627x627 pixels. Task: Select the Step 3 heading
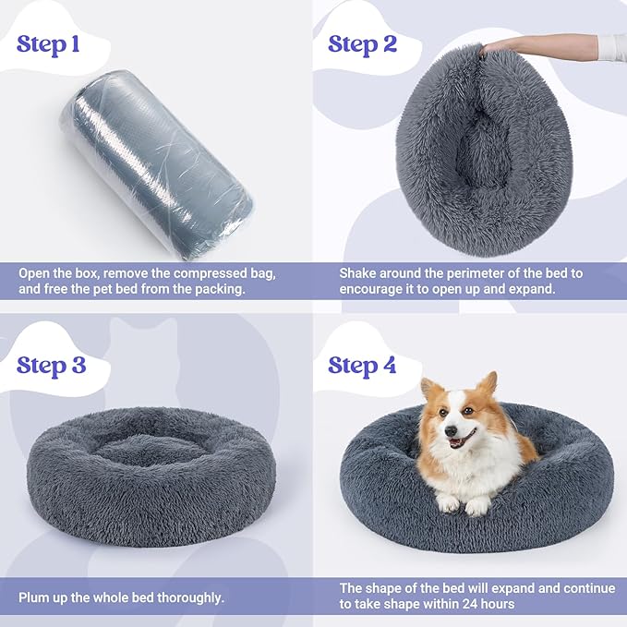[x=51, y=365]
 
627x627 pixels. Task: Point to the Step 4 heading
[x=363, y=365]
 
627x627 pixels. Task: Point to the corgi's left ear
[x=488, y=383]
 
